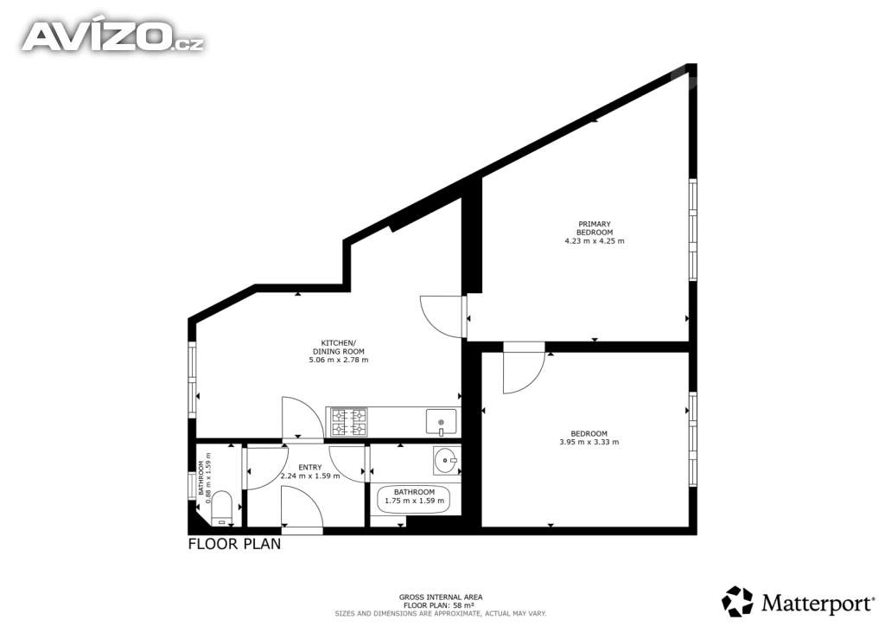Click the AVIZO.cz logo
pyautogui.click(x=113, y=36)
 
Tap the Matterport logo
pyautogui.click(x=798, y=602)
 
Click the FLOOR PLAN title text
pyautogui.click(x=234, y=544)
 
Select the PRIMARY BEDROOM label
pyautogui.click(x=595, y=228)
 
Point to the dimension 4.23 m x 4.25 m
pyautogui.click(x=595, y=241)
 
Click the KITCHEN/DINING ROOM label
pyautogui.click(x=339, y=347)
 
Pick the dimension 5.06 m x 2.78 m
pyautogui.click(x=339, y=360)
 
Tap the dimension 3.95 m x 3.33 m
pyautogui.click(x=589, y=442)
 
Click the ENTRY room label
pyautogui.click(x=310, y=468)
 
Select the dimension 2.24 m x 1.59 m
pyautogui.click(x=310, y=476)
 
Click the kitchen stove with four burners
pyautogui.click(x=349, y=422)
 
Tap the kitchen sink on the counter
pyautogui.click(x=441, y=422)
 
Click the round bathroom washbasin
pyautogui.click(x=447, y=461)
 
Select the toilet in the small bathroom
pyautogui.click(x=221, y=508)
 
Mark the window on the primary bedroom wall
pyautogui.click(x=692, y=229)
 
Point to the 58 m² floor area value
pyautogui.click(x=464, y=605)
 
